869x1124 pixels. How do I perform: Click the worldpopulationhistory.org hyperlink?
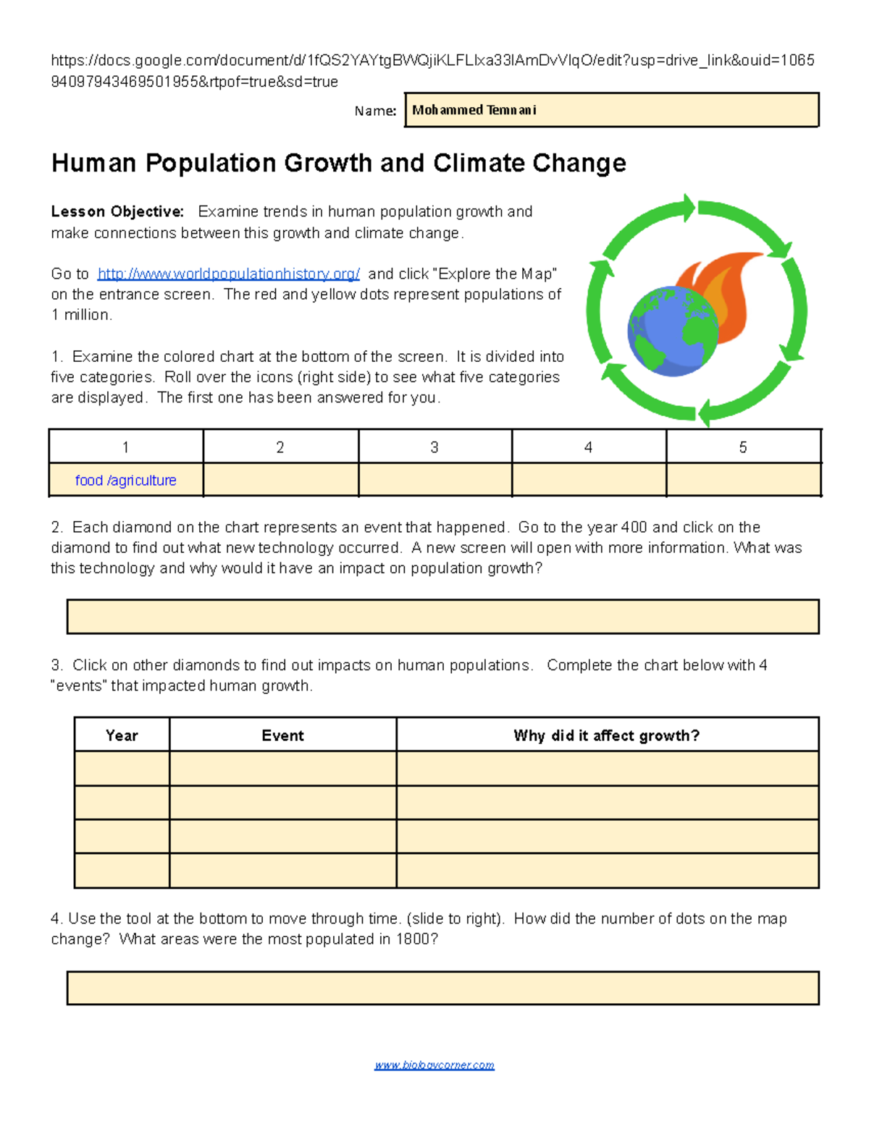click(x=228, y=274)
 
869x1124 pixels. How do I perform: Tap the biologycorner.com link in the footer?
click(x=434, y=1065)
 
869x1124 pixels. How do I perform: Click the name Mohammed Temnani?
click(x=474, y=110)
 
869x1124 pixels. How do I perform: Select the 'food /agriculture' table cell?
click(x=126, y=480)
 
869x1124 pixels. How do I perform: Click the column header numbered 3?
click(x=434, y=447)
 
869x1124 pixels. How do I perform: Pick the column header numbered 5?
click(x=743, y=447)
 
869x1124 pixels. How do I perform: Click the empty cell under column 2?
click(x=281, y=480)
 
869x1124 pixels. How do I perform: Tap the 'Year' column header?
click(x=122, y=735)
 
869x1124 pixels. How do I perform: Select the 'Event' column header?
click(x=282, y=735)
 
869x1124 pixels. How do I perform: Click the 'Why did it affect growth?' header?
click(x=607, y=735)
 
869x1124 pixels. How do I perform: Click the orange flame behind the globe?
click(x=724, y=282)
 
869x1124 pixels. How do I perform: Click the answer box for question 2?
click(x=442, y=617)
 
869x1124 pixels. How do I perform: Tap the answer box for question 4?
click(x=442, y=988)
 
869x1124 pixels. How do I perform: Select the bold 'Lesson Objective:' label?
click(x=117, y=211)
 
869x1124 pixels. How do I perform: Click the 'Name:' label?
click(x=375, y=111)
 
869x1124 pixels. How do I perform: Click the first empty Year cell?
click(x=122, y=769)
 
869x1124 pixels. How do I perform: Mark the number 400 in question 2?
click(x=634, y=527)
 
